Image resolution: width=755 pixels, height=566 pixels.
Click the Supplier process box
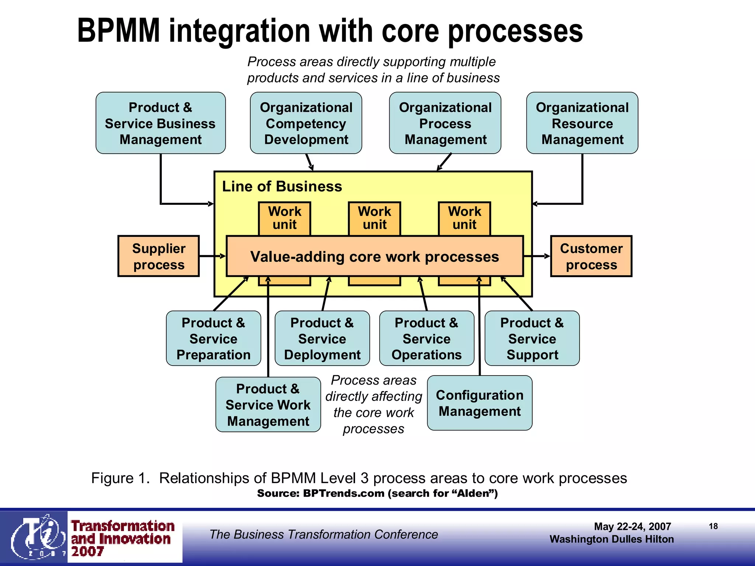click(159, 256)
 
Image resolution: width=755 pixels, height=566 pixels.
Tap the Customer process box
click(591, 256)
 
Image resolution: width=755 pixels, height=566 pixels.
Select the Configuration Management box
click(480, 403)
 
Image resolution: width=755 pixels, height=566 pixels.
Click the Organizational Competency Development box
click(306, 123)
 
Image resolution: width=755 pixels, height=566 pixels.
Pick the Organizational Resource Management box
click(582, 123)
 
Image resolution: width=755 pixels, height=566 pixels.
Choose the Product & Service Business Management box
click(160, 123)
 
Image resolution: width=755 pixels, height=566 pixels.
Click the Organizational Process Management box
click(445, 123)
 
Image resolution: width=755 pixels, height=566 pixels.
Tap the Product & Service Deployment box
click(322, 339)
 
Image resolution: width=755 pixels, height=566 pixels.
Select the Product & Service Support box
click(532, 339)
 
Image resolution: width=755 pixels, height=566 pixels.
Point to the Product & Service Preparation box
click(213, 339)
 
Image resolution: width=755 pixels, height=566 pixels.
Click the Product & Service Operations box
click(427, 339)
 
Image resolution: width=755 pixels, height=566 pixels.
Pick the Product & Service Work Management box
click(268, 405)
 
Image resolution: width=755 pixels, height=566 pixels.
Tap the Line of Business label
click(282, 186)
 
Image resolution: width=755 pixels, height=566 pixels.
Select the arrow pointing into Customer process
click(537, 256)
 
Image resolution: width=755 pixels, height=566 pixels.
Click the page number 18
click(713, 526)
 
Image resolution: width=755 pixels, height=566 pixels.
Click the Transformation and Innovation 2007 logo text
click(122, 538)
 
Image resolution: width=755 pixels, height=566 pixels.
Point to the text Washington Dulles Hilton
click(611, 539)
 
